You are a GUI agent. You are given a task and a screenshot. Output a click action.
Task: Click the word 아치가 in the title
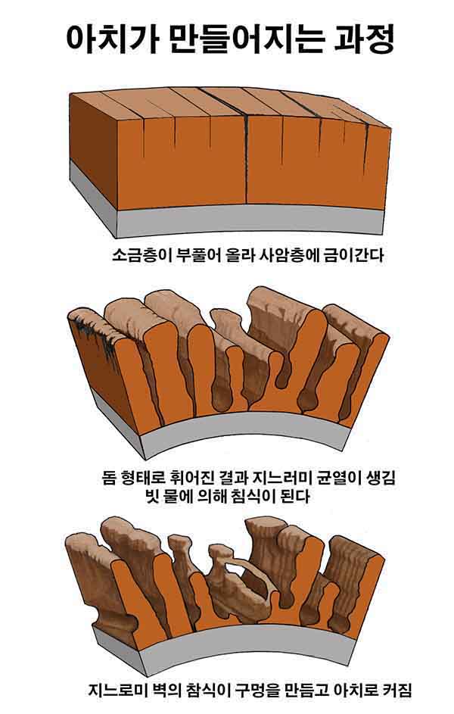[110, 39]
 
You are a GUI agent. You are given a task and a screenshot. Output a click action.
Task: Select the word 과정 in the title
[363, 39]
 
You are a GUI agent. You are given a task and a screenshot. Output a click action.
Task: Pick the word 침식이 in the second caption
[253, 496]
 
